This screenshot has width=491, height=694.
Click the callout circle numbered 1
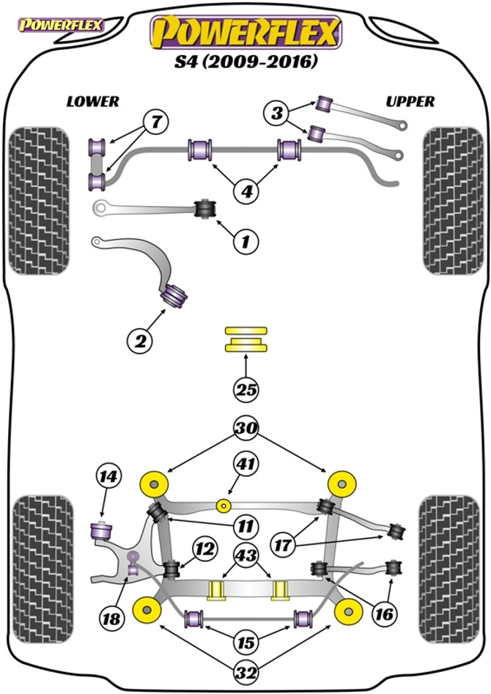[x=246, y=239]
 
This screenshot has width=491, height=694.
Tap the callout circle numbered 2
[x=139, y=340]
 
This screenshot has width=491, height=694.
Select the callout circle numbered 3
[x=276, y=114]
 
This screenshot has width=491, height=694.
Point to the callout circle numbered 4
[x=246, y=193]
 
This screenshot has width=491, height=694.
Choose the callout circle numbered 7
[x=155, y=122]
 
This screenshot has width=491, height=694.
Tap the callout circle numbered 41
[x=246, y=463]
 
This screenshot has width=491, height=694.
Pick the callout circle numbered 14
[x=108, y=478]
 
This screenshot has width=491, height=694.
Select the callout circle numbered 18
[x=111, y=619]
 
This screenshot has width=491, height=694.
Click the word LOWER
[x=92, y=102]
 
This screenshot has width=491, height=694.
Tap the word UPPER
[x=410, y=102]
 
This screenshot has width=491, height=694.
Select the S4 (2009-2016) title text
[x=246, y=63]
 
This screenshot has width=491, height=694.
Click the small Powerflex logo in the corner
[x=61, y=26]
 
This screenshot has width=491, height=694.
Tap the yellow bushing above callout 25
[x=246, y=339]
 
